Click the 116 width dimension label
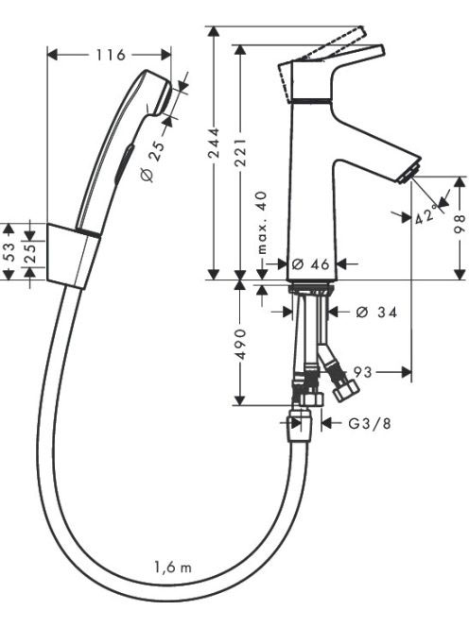pyautogui.click(x=111, y=55)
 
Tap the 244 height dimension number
pyautogui.click(x=215, y=143)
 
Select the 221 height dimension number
pyautogui.click(x=240, y=153)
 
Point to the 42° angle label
pyautogui.click(x=426, y=214)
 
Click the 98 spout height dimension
pyautogui.click(x=460, y=223)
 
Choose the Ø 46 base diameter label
pyautogui.click(x=311, y=263)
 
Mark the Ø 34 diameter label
pyautogui.click(x=376, y=312)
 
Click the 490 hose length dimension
pyautogui.click(x=240, y=344)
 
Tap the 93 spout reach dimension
pyautogui.click(x=363, y=372)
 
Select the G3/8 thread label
pyautogui.click(x=370, y=423)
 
